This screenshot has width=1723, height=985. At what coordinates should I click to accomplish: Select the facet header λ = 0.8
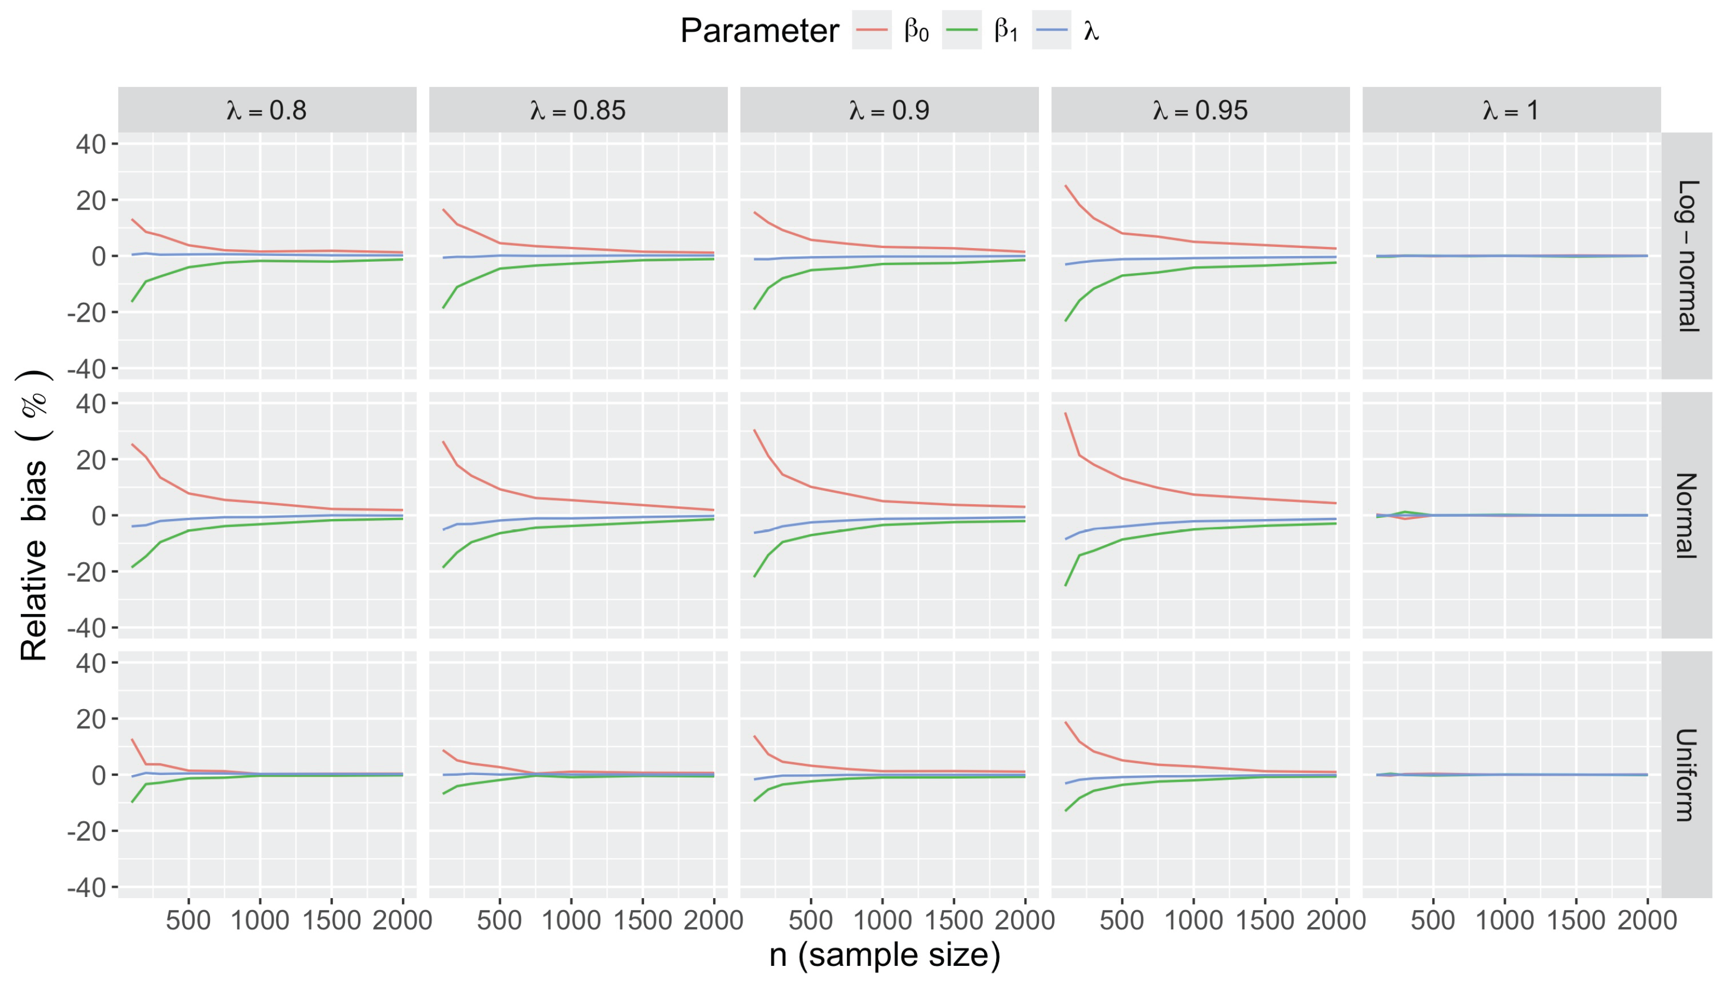pos(267,110)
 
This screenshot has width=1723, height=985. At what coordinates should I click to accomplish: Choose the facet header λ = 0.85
pos(578,110)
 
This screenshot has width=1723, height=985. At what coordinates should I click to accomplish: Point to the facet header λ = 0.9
pos(889,110)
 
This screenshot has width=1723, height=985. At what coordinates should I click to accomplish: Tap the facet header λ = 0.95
pos(1200,110)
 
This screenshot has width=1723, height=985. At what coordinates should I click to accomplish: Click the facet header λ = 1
pos(1511,110)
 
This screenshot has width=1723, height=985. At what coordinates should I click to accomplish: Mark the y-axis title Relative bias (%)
pos(34,516)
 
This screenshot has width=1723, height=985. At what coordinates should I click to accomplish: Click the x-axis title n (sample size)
pos(884,954)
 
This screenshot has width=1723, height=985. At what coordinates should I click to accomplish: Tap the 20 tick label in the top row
pos(91,200)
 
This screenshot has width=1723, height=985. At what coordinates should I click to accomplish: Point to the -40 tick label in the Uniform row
pos(86,887)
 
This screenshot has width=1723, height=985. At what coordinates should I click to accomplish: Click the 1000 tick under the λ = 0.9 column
pos(881,920)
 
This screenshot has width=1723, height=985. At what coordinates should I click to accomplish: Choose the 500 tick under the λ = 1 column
pos(1433,920)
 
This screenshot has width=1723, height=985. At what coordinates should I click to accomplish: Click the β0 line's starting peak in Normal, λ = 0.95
pos(1066,414)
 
